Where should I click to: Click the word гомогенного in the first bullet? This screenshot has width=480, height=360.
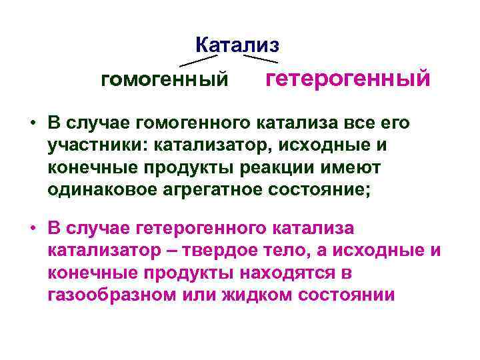pyautogui.click(x=194, y=124)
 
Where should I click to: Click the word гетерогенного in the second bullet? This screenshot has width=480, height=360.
pyautogui.click(x=203, y=229)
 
